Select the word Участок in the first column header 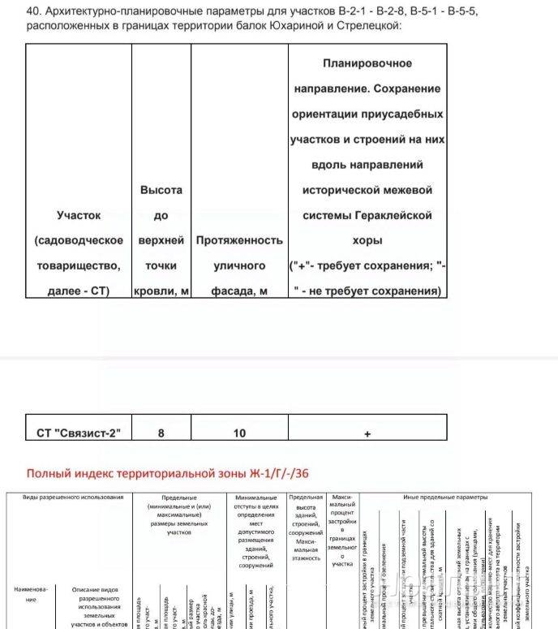[x=79, y=215]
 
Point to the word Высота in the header [x=161, y=190]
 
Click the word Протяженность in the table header [x=239, y=240]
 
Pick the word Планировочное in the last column [x=367, y=63]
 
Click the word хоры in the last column [x=367, y=240]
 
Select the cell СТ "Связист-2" [x=79, y=433]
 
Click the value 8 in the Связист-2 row [x=161, y=433]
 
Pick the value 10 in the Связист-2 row [x=239, y=433]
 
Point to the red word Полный [x=49, y=473]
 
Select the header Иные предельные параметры [x=445, y=497]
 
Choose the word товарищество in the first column [x=79, y=265]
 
